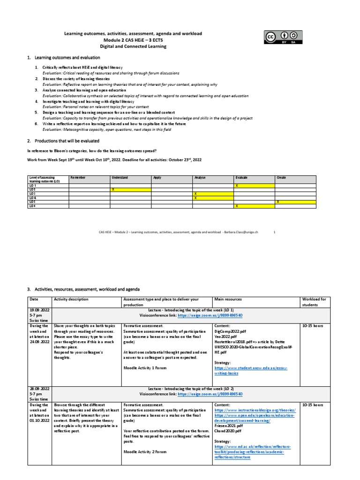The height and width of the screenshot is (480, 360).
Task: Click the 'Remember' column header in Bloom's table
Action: click(78, 178)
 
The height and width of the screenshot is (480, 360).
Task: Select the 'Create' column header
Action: click(281, 178)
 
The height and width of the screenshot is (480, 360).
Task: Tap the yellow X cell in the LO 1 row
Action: click(237, 186)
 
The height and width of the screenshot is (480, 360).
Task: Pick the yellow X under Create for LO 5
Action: click(278, 202)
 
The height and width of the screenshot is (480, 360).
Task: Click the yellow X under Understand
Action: click(112, 189)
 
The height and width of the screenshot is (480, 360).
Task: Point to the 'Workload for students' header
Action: click(316, 302)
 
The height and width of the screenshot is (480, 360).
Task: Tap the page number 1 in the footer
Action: click(274, 232)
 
